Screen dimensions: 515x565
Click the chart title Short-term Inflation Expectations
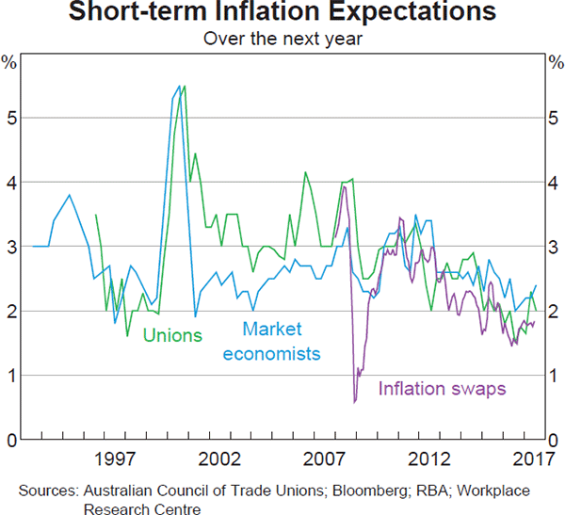coord(282,13)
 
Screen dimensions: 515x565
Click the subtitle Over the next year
coord(282,40)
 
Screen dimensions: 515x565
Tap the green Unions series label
coord(172,334)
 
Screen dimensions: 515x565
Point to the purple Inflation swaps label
coord(443,387)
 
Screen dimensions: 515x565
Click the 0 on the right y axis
coord(555,440)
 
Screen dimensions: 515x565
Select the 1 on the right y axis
coord(555,376)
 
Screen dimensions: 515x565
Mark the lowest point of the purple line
coord(355,403)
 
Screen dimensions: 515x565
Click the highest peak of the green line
coord(184,86)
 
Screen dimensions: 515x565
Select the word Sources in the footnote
coord(48,491)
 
